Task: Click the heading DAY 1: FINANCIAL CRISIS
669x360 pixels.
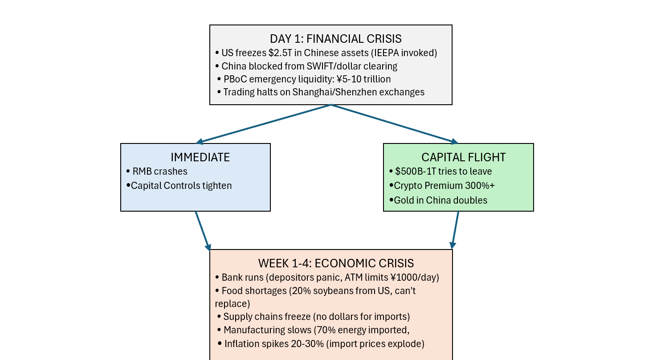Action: coord(330,38)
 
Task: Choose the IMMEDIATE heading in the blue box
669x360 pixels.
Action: coord(200,157)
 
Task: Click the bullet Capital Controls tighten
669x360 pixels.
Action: coord(181,185)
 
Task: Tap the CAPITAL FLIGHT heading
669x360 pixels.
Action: coord(463,157)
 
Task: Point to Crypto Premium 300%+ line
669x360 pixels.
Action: coord(444,186)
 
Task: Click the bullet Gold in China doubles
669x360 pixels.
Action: coord(441,200)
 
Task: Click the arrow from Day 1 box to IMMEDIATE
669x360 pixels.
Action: coord(264,124)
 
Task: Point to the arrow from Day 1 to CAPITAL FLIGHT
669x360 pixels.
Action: coord(395,124)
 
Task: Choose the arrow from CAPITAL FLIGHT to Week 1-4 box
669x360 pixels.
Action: coord(456,230)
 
